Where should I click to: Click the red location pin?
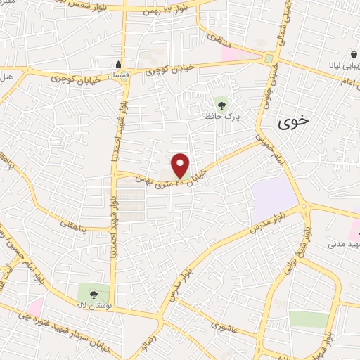[181, 165]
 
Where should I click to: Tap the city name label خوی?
[293, 122]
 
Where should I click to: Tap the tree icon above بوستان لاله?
[94, 294]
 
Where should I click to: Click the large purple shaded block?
[275, 197]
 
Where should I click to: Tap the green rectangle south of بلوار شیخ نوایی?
[309, 319]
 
